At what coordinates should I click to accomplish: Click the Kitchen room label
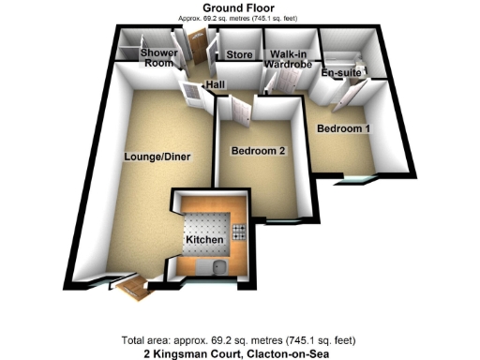click(204, 241)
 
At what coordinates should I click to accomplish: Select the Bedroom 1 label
click(342, 127)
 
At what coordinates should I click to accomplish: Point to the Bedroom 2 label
click(258, 150)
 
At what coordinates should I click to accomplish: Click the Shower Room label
click(158, 59)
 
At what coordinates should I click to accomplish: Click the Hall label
click(216, 85)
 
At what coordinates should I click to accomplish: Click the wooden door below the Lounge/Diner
click(136, 287)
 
